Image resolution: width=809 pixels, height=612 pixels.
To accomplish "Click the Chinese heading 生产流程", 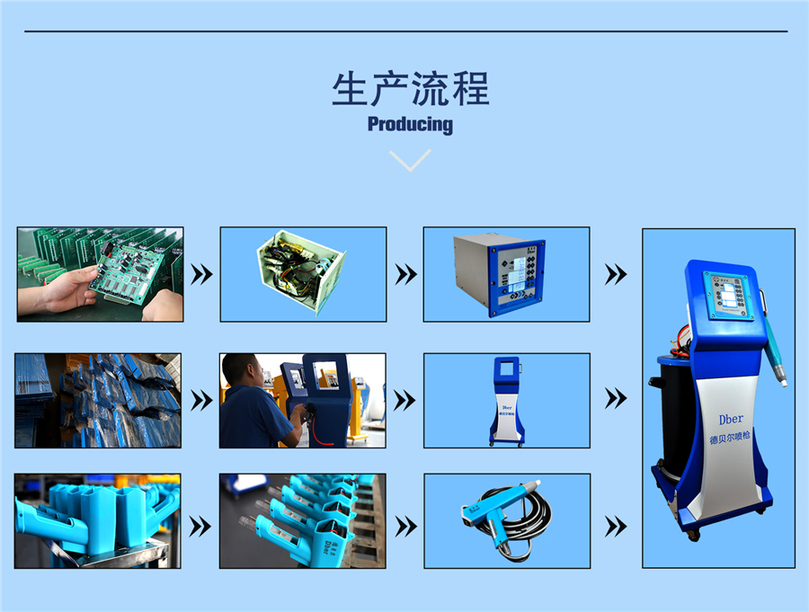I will [x=410, y=90].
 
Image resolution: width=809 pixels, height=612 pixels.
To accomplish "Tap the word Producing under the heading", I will [x=410, y=124].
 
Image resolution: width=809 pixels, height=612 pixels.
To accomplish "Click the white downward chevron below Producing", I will [x=410, y=160].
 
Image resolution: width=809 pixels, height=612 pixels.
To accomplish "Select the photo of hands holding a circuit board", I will [x=100, y=274].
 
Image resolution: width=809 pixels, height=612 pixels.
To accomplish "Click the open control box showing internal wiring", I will [x=303, y=273].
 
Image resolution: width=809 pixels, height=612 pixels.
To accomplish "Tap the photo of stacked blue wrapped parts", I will [x=97, y=401].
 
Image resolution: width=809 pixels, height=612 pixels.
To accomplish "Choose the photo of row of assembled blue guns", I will [x=302, y=521].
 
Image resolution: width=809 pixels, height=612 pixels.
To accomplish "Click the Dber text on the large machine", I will [x=731, y=420].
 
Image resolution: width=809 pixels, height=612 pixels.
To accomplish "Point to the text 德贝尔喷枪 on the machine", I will [x=731, y=440].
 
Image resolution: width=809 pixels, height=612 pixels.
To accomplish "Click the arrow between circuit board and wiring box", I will [x=202, y=274].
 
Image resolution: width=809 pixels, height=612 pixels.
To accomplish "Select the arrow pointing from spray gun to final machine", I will [x=616, y=526].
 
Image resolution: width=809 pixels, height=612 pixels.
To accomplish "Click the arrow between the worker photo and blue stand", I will [x=405, y=401].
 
